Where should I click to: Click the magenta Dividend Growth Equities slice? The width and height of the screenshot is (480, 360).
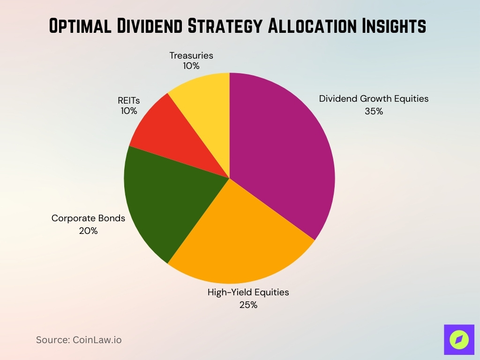pos(281,150)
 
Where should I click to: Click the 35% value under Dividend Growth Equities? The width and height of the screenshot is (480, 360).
pos(374,112)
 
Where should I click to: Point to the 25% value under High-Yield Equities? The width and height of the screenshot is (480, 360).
pos(248,305)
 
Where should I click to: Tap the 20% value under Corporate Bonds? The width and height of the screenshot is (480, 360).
pos(88,231)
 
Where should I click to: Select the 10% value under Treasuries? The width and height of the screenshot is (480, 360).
pos(191,66)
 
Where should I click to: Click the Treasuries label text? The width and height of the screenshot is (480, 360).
pos(191,55)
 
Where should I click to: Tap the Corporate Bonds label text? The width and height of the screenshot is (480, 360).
pos(88,218)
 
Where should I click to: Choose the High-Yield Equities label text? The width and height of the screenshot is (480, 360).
pos(248,292)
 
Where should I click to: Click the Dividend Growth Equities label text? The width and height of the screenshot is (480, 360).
pos(374,99)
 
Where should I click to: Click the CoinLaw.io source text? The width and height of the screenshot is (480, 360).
pos(97,340)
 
